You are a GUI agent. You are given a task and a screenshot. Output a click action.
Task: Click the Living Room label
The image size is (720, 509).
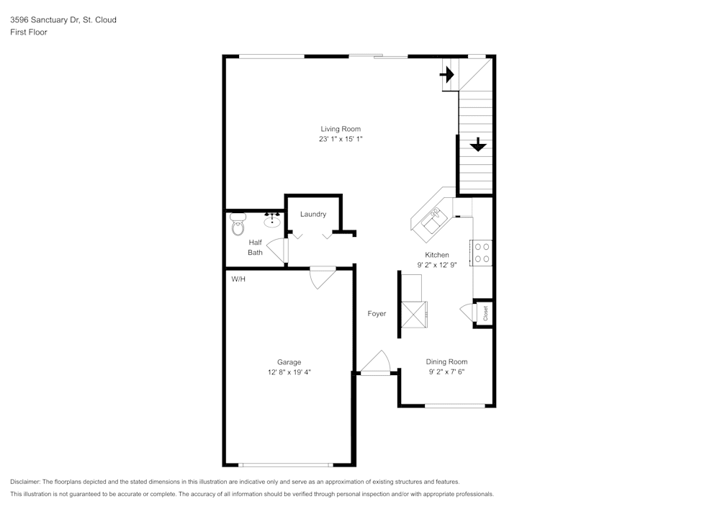(x=341, y=129)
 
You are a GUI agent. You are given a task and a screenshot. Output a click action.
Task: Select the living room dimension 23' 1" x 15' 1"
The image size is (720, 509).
(x=341, y=139)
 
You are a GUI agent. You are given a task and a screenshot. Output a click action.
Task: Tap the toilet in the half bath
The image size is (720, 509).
(x=238, y=225)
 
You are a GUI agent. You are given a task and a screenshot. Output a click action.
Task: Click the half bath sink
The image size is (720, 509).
(x=272, y=219)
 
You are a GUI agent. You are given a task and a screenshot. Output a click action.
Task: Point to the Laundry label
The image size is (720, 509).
(x=313, y=214)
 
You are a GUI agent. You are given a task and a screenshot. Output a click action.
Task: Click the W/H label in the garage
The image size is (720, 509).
(x=238, y=279)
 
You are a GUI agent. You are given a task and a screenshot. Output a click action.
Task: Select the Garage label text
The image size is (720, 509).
(x=289, y=362)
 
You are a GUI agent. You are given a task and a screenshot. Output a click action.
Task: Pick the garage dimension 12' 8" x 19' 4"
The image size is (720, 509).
(x=289, y=372)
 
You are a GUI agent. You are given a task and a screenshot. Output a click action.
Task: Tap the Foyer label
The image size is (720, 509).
(x=377, y=314)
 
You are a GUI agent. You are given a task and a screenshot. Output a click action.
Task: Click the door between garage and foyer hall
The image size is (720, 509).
(x=322, y=277)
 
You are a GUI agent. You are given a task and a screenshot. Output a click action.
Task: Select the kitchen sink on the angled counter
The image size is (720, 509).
(x=434, y=219)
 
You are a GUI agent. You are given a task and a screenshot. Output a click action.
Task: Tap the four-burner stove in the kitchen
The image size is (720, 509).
(x=482, y=252)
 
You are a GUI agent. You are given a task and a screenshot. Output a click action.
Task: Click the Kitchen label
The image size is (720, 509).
(x=437, y=255)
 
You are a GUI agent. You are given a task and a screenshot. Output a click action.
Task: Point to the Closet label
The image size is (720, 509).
(x=485, y=313)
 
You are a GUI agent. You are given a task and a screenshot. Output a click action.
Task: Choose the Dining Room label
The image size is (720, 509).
(x=446, y=362)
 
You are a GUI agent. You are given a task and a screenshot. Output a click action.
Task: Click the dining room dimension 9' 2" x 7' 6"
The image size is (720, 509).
(x=446, y=372)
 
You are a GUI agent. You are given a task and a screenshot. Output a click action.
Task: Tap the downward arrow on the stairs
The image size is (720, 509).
(x=477, y=145)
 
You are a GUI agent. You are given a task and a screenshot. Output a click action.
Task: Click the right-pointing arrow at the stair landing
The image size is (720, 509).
(x=448, y=74)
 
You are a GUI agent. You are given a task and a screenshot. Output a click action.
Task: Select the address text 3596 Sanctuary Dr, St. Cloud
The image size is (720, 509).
(x=63, y=20)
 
